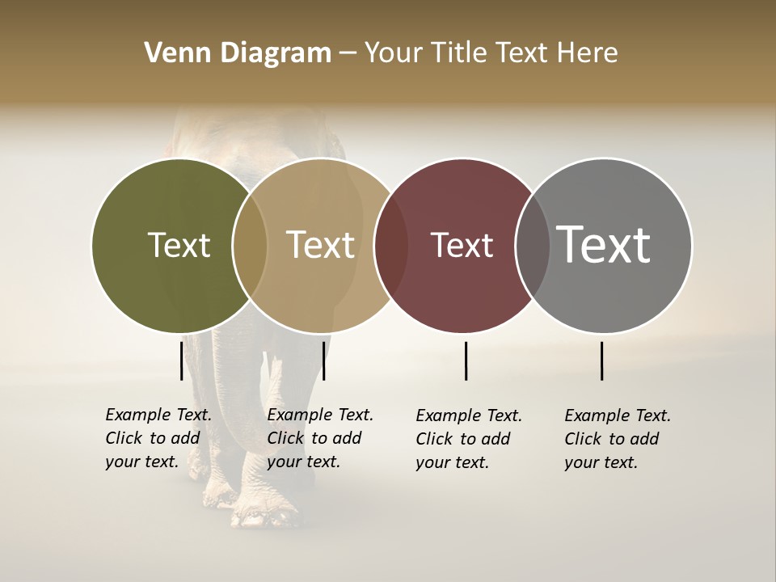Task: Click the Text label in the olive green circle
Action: (x=179, y=245)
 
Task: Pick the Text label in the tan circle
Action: (x=320, y=245)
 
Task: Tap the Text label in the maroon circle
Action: (x=462, y=245)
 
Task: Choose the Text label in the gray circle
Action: (x=603, y=245)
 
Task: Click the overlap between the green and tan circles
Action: (x=250, y=246)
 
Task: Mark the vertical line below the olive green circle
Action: (x=181, y=361)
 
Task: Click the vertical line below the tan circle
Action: (x=323, y=361)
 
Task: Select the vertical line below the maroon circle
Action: (x=466, y=361)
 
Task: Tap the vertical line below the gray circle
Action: (x=601, y=361)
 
